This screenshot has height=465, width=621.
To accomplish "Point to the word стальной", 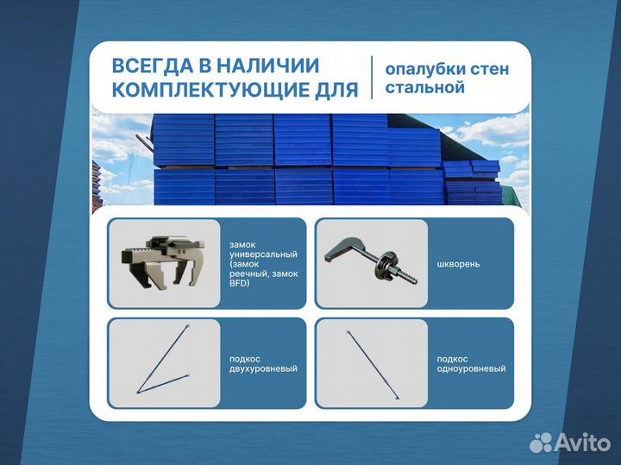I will [x=425, y=88].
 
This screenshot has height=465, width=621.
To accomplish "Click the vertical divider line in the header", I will [x=372, y=78].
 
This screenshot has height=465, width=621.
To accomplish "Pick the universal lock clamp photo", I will [x=164, y=262].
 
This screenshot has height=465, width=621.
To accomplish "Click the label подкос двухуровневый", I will [x=258, y=363].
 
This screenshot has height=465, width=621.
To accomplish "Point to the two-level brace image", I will [x=164, y=363].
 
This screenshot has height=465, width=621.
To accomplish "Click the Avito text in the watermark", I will [x=582, y=443].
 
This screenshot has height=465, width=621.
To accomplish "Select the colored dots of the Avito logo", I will [x=541, y=443].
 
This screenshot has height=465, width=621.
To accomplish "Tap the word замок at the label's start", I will [x=242, y=244].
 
